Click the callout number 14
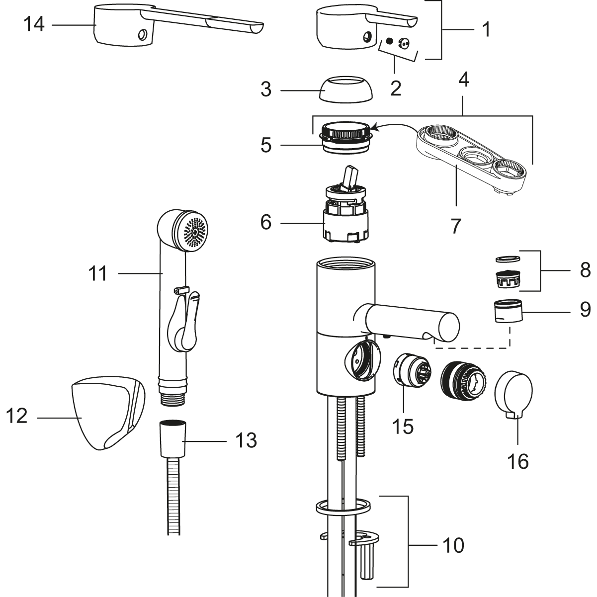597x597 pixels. point(34,23)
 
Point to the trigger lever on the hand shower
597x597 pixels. point(184,323)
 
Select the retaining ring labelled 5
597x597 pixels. point(345,137)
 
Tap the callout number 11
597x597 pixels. point(97,273)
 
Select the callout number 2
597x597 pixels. point(396,88)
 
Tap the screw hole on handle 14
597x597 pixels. point(143,35)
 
